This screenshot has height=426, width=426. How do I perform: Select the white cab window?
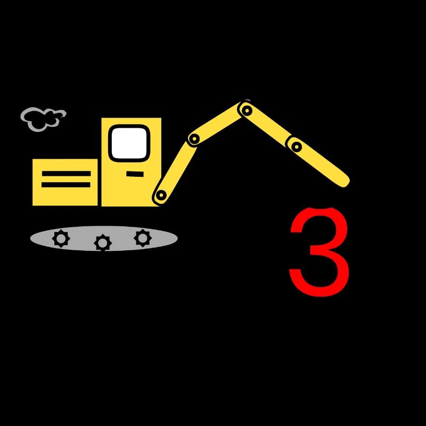129,143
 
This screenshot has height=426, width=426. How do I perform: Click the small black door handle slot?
135,174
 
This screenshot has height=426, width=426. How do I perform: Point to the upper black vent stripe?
66,174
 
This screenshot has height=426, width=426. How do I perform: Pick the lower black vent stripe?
66,185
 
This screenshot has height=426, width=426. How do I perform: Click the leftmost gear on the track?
61,239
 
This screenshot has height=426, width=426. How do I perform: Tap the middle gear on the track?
103,243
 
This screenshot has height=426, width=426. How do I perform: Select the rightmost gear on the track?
143,238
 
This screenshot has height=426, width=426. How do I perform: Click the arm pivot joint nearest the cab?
161,195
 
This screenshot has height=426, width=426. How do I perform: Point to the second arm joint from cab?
194,139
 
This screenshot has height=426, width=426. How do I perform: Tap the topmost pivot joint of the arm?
247,110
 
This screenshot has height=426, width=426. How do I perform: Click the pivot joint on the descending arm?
297,147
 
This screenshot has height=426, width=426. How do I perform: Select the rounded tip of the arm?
345,182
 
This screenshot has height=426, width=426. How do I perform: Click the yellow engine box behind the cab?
65,182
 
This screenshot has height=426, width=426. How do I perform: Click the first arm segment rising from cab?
177,168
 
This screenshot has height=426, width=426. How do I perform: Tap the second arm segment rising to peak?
219,125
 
